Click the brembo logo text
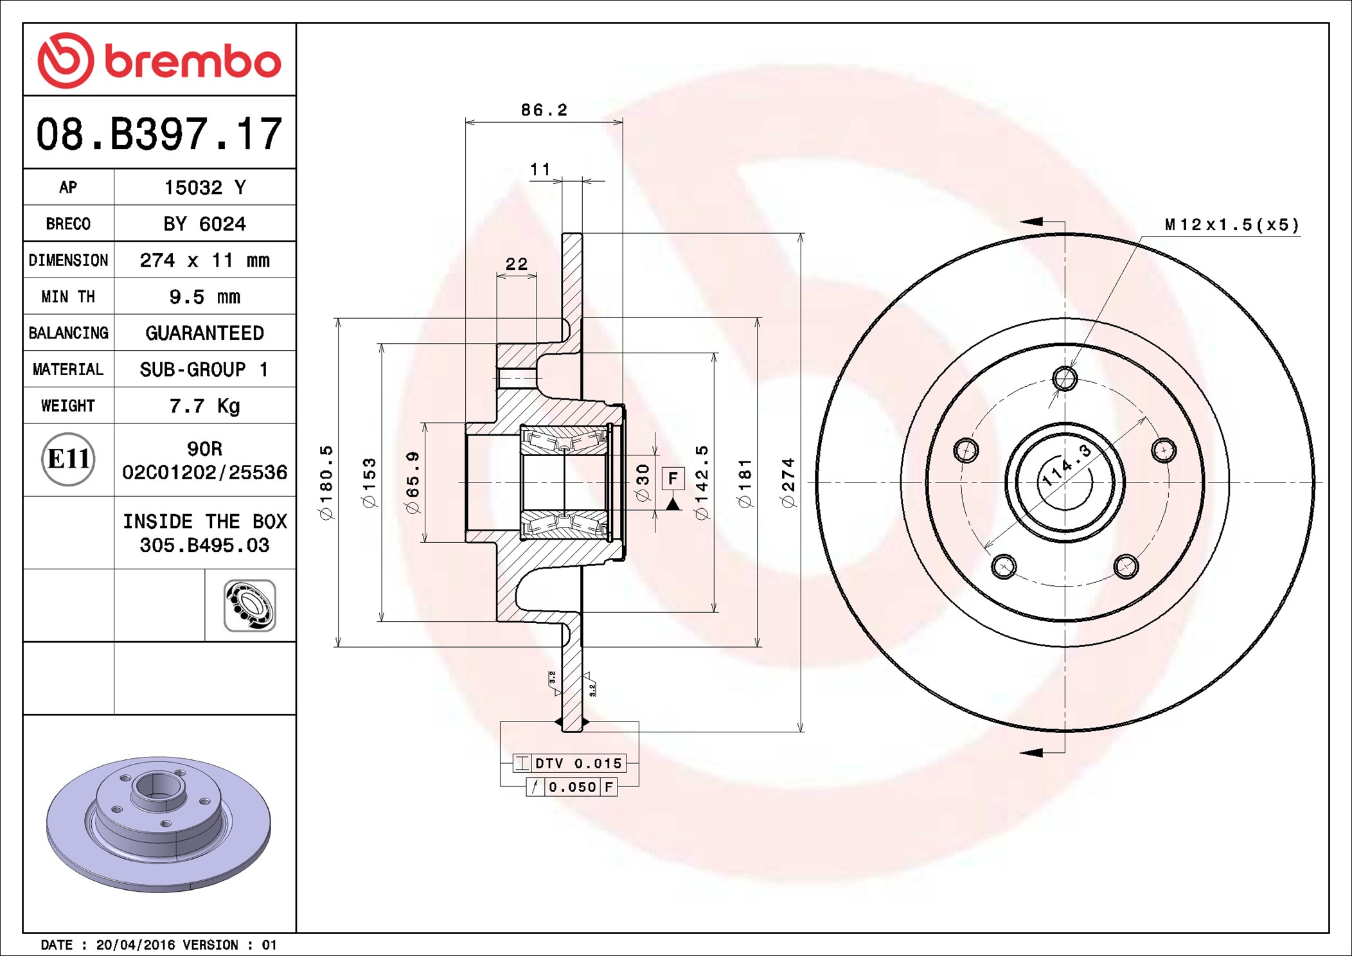pyautogui.click(x=192, y=62)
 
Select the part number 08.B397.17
pyautogui.click(x=159, y=134)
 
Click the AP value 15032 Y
pyautogui.click(x=204, y=188)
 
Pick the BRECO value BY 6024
pyautogui.click(x=204, y=224)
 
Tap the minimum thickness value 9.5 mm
pyautogui.click(x=204, y=297)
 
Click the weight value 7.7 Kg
pyautogui.click(x=204, y=406)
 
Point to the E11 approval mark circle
pyautogui.click(x=68, y=459)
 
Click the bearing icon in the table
pyautogui.click(x=250, y=606)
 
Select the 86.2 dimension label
pyautogui.click(x=544, y=110)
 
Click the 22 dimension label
pyautogui.click(x=517, y=263)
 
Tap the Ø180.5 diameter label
pyautogui.click(x=326, y=482)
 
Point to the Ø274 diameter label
pyautogui.click(x=788, y=482)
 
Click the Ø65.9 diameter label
pyautogui.click(x=413, y=482)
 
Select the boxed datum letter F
pyautogui.click(x=673, y=478)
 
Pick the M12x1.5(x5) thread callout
pyautogui.click(x=1232, y=225)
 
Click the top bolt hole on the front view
pyautogui.click(x=1065, y=378)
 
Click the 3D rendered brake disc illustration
pyautogui.click(x=159, y=824)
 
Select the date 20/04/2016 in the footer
pyautogui.click(x=136, y=944)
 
